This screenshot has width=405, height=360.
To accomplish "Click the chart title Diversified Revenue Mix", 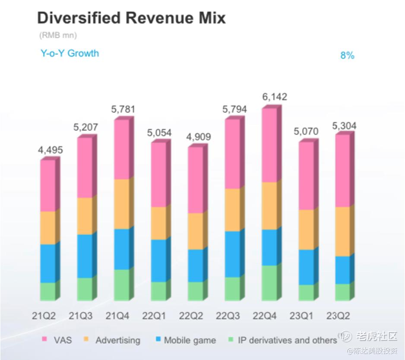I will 131,19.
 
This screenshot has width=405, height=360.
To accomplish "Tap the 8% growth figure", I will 347,55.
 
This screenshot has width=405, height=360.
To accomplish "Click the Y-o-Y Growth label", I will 70,54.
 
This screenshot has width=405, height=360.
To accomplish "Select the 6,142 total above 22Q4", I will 275,97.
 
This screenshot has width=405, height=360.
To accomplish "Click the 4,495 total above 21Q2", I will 51,150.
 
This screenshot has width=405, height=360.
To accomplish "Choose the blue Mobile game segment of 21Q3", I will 85,256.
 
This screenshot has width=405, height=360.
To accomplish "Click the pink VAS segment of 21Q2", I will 47,186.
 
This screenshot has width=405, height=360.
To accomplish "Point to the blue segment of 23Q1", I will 306,267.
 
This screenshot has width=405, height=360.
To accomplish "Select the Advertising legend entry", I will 112,340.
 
